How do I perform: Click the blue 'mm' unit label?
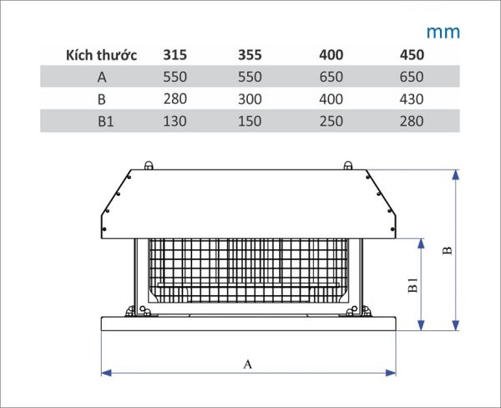click(x=443, y=33)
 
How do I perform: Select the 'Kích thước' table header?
click(x=101, y=55)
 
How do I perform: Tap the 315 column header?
click(x=175, y=54)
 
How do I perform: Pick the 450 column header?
click(x=412, y=54)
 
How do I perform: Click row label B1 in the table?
click(x=105, y=121)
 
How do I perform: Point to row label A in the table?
click(x=102, y=77)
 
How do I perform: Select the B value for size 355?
click(x=250, y=99)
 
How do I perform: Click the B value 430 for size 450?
click(x=412, y=99)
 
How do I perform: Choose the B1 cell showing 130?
click(x=175, y=121)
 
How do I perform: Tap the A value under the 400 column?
click(x=331, y=77)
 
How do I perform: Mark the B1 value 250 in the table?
click(x=331, y=121)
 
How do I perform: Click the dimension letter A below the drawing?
click(x=248, y=365)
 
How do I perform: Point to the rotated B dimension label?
click(x=448, y=250)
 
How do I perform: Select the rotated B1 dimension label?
click(x=412, y=285)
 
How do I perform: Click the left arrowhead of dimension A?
click(x=106, y=373)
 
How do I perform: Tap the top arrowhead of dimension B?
click(x=456, y=175)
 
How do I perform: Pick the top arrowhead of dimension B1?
click(x=421, y=243)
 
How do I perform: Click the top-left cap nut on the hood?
click(x=149, y=166)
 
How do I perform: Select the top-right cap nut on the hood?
click(x=348, y=166)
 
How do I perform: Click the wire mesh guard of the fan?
click(x=248, y=271)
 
